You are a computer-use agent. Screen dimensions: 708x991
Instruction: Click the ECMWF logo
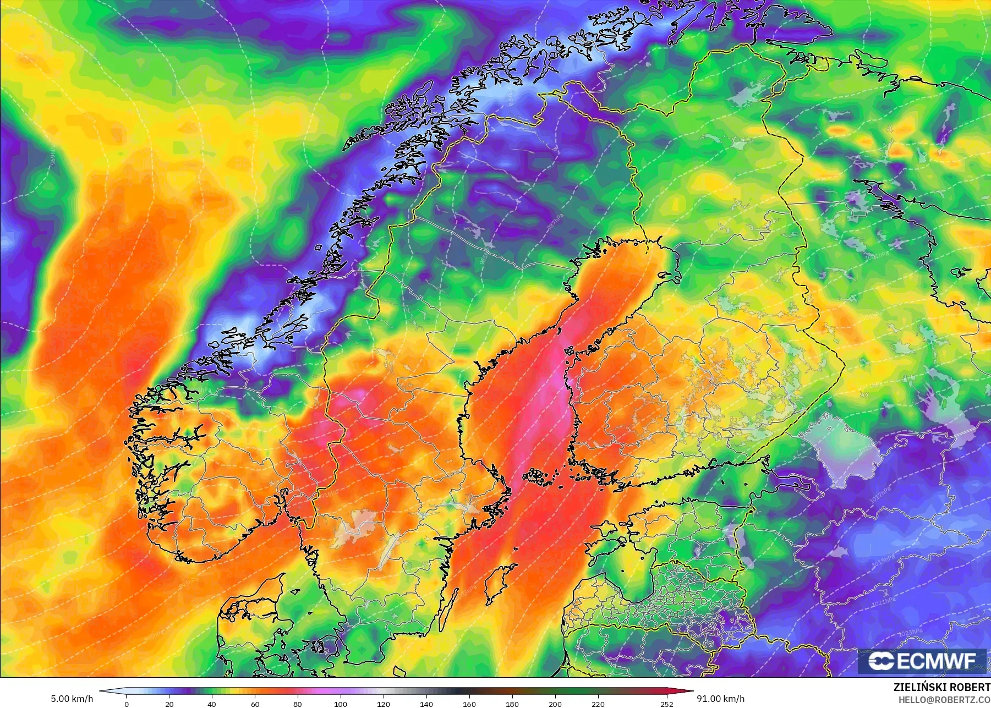[922, 661]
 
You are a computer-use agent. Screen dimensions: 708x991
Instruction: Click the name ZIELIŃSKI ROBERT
[941, 687]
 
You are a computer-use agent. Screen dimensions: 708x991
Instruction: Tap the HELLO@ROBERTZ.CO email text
[944, 700]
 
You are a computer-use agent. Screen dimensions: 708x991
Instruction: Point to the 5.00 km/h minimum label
[72, 699]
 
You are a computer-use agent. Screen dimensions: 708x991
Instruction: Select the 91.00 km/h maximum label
[720, 699]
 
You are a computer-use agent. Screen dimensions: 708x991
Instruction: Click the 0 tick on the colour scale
[127, 704]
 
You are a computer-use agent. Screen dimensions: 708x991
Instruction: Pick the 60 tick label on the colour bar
[255, 704]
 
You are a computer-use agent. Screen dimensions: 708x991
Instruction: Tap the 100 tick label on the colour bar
[341, 704]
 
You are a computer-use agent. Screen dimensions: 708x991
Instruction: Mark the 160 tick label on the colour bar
[469, 704]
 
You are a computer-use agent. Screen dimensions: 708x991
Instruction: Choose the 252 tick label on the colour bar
[667, 704]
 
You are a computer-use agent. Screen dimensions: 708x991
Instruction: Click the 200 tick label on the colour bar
[555, 704]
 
